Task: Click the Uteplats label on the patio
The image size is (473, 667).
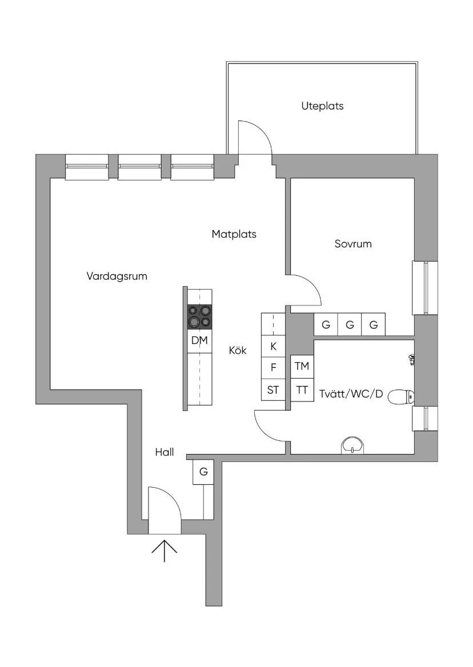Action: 322,106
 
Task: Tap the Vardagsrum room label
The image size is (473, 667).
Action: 117,276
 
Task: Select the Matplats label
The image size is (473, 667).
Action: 234,234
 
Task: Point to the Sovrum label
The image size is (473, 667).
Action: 353,244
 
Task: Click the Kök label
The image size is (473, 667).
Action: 238,351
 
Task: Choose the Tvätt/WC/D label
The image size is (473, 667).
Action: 351,393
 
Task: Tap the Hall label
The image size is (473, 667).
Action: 165,452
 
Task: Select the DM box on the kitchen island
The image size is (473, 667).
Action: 199,341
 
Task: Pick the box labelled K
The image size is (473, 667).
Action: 273,347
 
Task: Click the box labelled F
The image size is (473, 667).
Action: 273,368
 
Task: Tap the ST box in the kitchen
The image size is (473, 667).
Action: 273,390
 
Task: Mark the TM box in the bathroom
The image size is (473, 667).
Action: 302,367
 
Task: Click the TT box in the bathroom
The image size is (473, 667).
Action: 302,390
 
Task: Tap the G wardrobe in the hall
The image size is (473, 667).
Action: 203,472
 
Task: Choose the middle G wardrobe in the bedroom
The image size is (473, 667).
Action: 350,325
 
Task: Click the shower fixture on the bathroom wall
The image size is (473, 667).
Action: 411,359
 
